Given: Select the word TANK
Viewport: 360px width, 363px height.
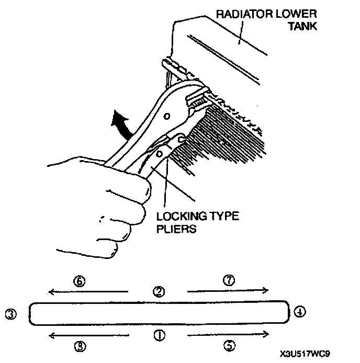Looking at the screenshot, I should click(x=303, y=26).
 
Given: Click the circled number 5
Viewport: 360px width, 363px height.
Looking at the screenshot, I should click(x=229, y=345).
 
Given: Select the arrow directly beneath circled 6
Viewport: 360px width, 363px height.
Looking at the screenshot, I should click(x=87, y=291).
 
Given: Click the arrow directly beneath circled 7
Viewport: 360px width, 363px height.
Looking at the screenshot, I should click(x=228, y=291).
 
